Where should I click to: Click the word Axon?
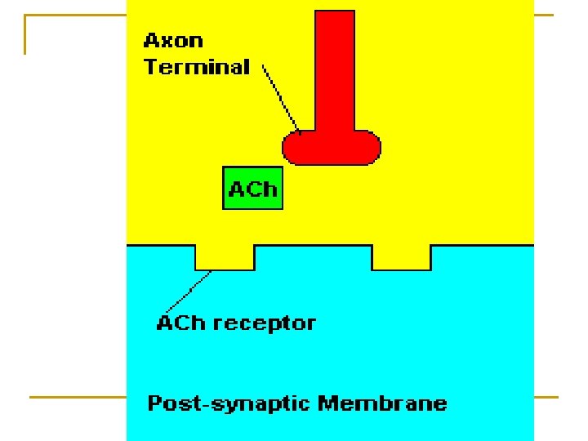[173, 41]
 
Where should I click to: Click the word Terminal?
[197, 67]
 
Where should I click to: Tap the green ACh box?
[253, 189]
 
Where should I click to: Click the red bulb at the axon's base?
[332, 148]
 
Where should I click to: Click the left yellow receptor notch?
[225, 256]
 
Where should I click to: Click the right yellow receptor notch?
[401, 256]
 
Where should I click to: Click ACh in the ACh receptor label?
[176, 323]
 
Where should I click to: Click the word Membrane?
[383, 403]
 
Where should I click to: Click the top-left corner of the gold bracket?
[26, 16]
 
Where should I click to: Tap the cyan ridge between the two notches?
[314, 258]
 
